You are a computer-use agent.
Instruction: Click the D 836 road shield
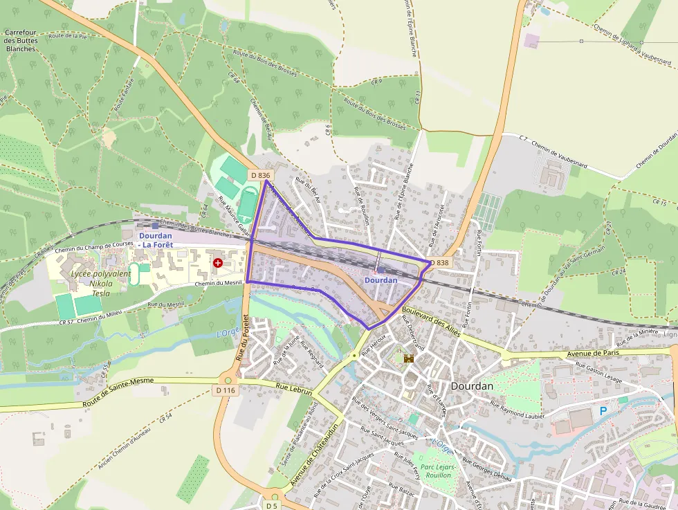[x=260, y=175]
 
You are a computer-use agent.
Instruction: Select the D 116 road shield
[x=226, y=391]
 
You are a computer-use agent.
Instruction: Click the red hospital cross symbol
[x=219, y=263]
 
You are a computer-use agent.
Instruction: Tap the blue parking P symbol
[x=603, y=411]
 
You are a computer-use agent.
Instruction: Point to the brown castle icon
[x=407, y=358]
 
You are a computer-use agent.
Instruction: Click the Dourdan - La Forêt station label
[x=155, y=240]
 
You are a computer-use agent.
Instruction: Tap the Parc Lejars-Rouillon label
[x=437, y=471]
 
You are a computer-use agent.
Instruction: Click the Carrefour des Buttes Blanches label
[x=20, y=41]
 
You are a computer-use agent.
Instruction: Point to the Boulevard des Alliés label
[x=431, y=320]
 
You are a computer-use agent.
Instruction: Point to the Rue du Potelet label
[x=242, y=338]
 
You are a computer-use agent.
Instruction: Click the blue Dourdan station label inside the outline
[x=381, y=280]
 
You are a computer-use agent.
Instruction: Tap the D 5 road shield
[x=273, y=506]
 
